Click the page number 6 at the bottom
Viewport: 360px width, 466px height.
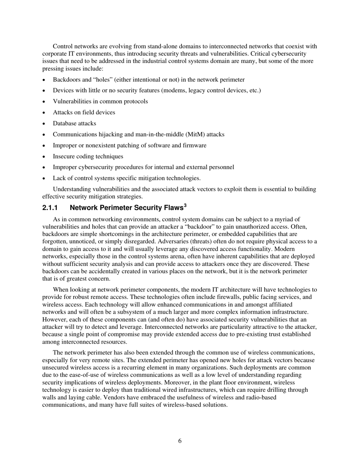coord(180,441)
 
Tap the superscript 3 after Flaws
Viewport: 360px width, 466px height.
coord(185,205)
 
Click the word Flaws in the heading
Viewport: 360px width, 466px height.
coord(172,208)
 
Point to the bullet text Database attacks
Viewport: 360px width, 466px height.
coord(74,124)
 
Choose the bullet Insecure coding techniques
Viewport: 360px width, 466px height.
coord(88,156)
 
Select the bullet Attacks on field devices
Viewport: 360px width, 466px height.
coord(84,113)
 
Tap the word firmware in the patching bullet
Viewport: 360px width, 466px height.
coord(195,145)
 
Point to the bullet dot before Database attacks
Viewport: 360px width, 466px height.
coord(44,124)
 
